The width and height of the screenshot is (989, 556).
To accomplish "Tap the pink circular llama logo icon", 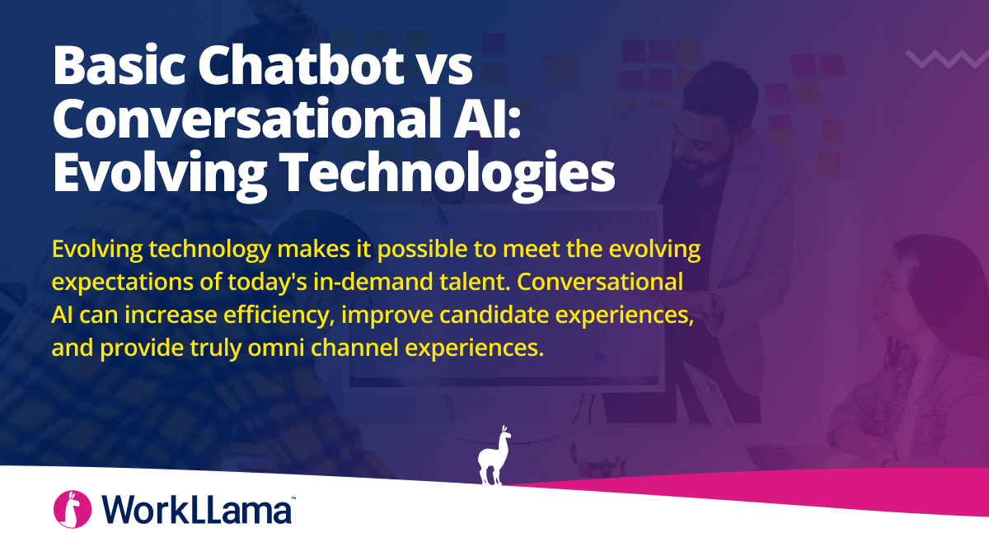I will click(72, 509).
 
